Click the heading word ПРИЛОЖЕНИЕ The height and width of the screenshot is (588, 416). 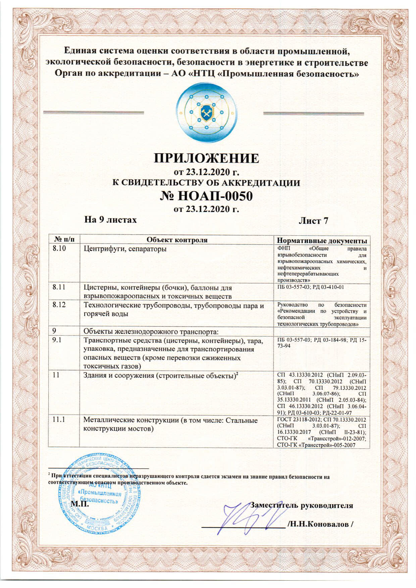tap(206, 158)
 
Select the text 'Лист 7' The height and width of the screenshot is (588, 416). tap(313, 221)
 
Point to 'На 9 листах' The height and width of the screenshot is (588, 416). tap(110, 220)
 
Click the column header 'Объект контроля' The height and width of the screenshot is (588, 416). tap(177, 240)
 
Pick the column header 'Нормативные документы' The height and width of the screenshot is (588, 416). tap(321, 241)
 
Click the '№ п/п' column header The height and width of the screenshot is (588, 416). tap(64, 240)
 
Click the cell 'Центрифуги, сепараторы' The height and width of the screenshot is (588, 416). tap(125, 249)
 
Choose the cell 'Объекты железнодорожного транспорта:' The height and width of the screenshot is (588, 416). tap(151, 332)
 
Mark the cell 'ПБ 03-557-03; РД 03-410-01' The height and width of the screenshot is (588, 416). tap(310, 287)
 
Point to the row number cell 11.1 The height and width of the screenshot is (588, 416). tap(59, 420)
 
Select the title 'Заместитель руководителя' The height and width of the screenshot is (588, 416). tap(302, 505)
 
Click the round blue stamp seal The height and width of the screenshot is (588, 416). tap(99, 492)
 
